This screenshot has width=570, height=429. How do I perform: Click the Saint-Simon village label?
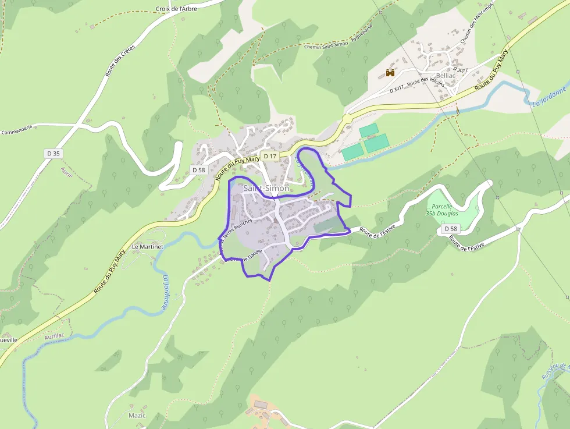point(266,188)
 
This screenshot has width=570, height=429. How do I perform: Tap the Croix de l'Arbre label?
point(177,9)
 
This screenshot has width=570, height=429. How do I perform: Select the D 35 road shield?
point(53,153)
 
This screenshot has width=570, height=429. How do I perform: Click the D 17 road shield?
point(269,156)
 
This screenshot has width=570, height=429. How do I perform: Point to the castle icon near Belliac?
point(390,73)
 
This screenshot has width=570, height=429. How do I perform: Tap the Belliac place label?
point(446,76)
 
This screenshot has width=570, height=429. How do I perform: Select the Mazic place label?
point(137,415)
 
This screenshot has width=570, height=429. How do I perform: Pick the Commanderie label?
point(16,132)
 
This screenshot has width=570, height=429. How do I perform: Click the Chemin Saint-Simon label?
point(326,44)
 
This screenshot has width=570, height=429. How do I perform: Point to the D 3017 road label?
point(397,88)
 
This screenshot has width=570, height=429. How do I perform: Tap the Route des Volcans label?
point(426,81)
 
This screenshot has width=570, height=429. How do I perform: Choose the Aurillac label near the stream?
point(54,337)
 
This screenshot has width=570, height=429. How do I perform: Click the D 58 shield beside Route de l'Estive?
point(451,229)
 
